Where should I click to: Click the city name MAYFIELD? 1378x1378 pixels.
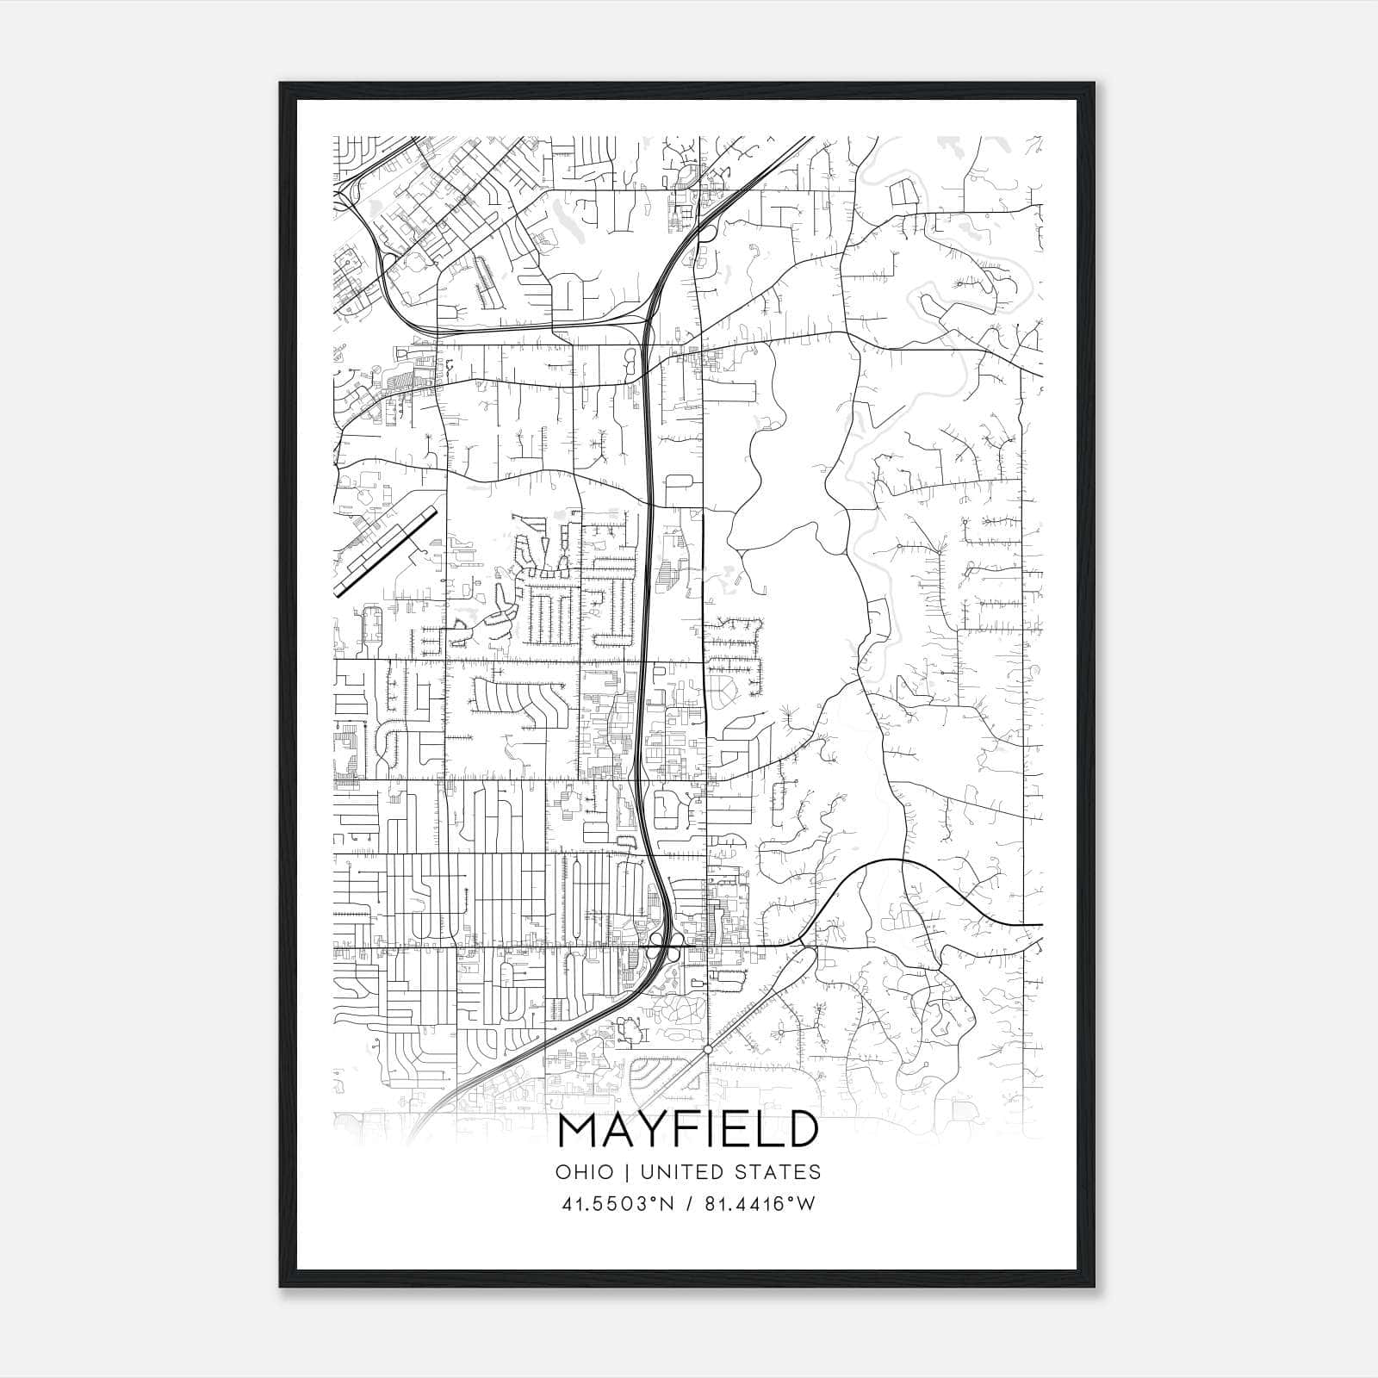pos(688,1131)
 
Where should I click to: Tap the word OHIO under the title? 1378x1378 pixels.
pos(585,1172)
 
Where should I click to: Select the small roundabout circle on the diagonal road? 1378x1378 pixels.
pos(707,1049)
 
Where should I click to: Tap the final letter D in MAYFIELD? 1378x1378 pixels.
pos(800,1131)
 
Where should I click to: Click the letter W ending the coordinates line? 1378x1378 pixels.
pos(804,1204)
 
